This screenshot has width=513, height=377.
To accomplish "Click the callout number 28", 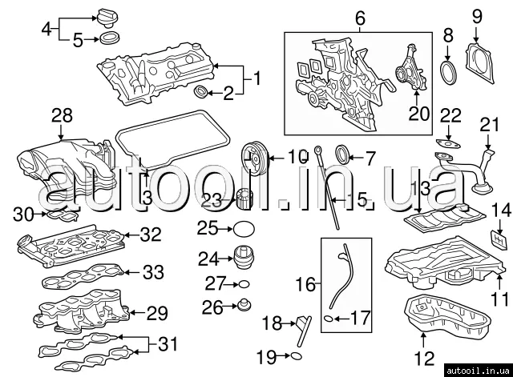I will [x=62, y=117].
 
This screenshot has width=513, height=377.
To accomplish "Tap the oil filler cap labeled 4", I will [x=107, y=16].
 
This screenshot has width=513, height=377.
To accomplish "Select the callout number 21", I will [x=489, y=124].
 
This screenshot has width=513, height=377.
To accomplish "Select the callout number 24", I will [x=208, y=259].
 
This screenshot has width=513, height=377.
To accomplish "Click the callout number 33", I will [x=152, y=272].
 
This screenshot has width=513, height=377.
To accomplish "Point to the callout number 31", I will [x=166, y=345].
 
